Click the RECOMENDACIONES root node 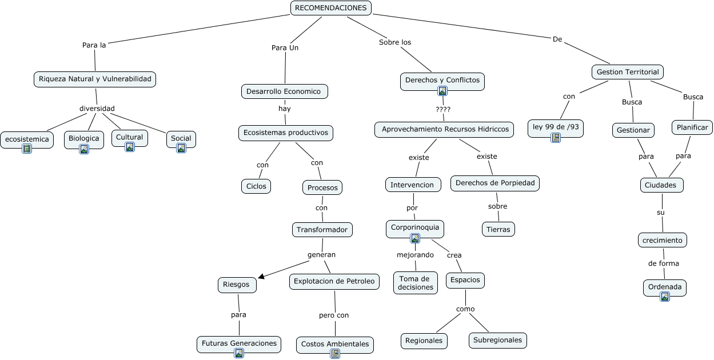tap(331, 8)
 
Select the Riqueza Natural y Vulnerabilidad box tap(95, 79)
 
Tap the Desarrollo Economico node tap(284, 91)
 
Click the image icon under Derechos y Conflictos tap(442, 90)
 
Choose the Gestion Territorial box tap(627, 72)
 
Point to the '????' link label tap(443, 109)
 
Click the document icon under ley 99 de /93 tap(555, 137)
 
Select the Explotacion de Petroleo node tap(334, 281)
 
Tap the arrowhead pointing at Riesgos tap(261, 277)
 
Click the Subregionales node tap(497, 340)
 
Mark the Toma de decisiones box tap(416, 283)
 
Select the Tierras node tap(498, 229)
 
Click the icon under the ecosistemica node tap(26, 149)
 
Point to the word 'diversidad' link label tap(97, 109)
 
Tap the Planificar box tap(692, 127)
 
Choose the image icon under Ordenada tap(664, 296)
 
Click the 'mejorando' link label tap(415, 255)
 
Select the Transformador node tap(322, 230)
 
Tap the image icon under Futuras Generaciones tap(239, 353)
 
